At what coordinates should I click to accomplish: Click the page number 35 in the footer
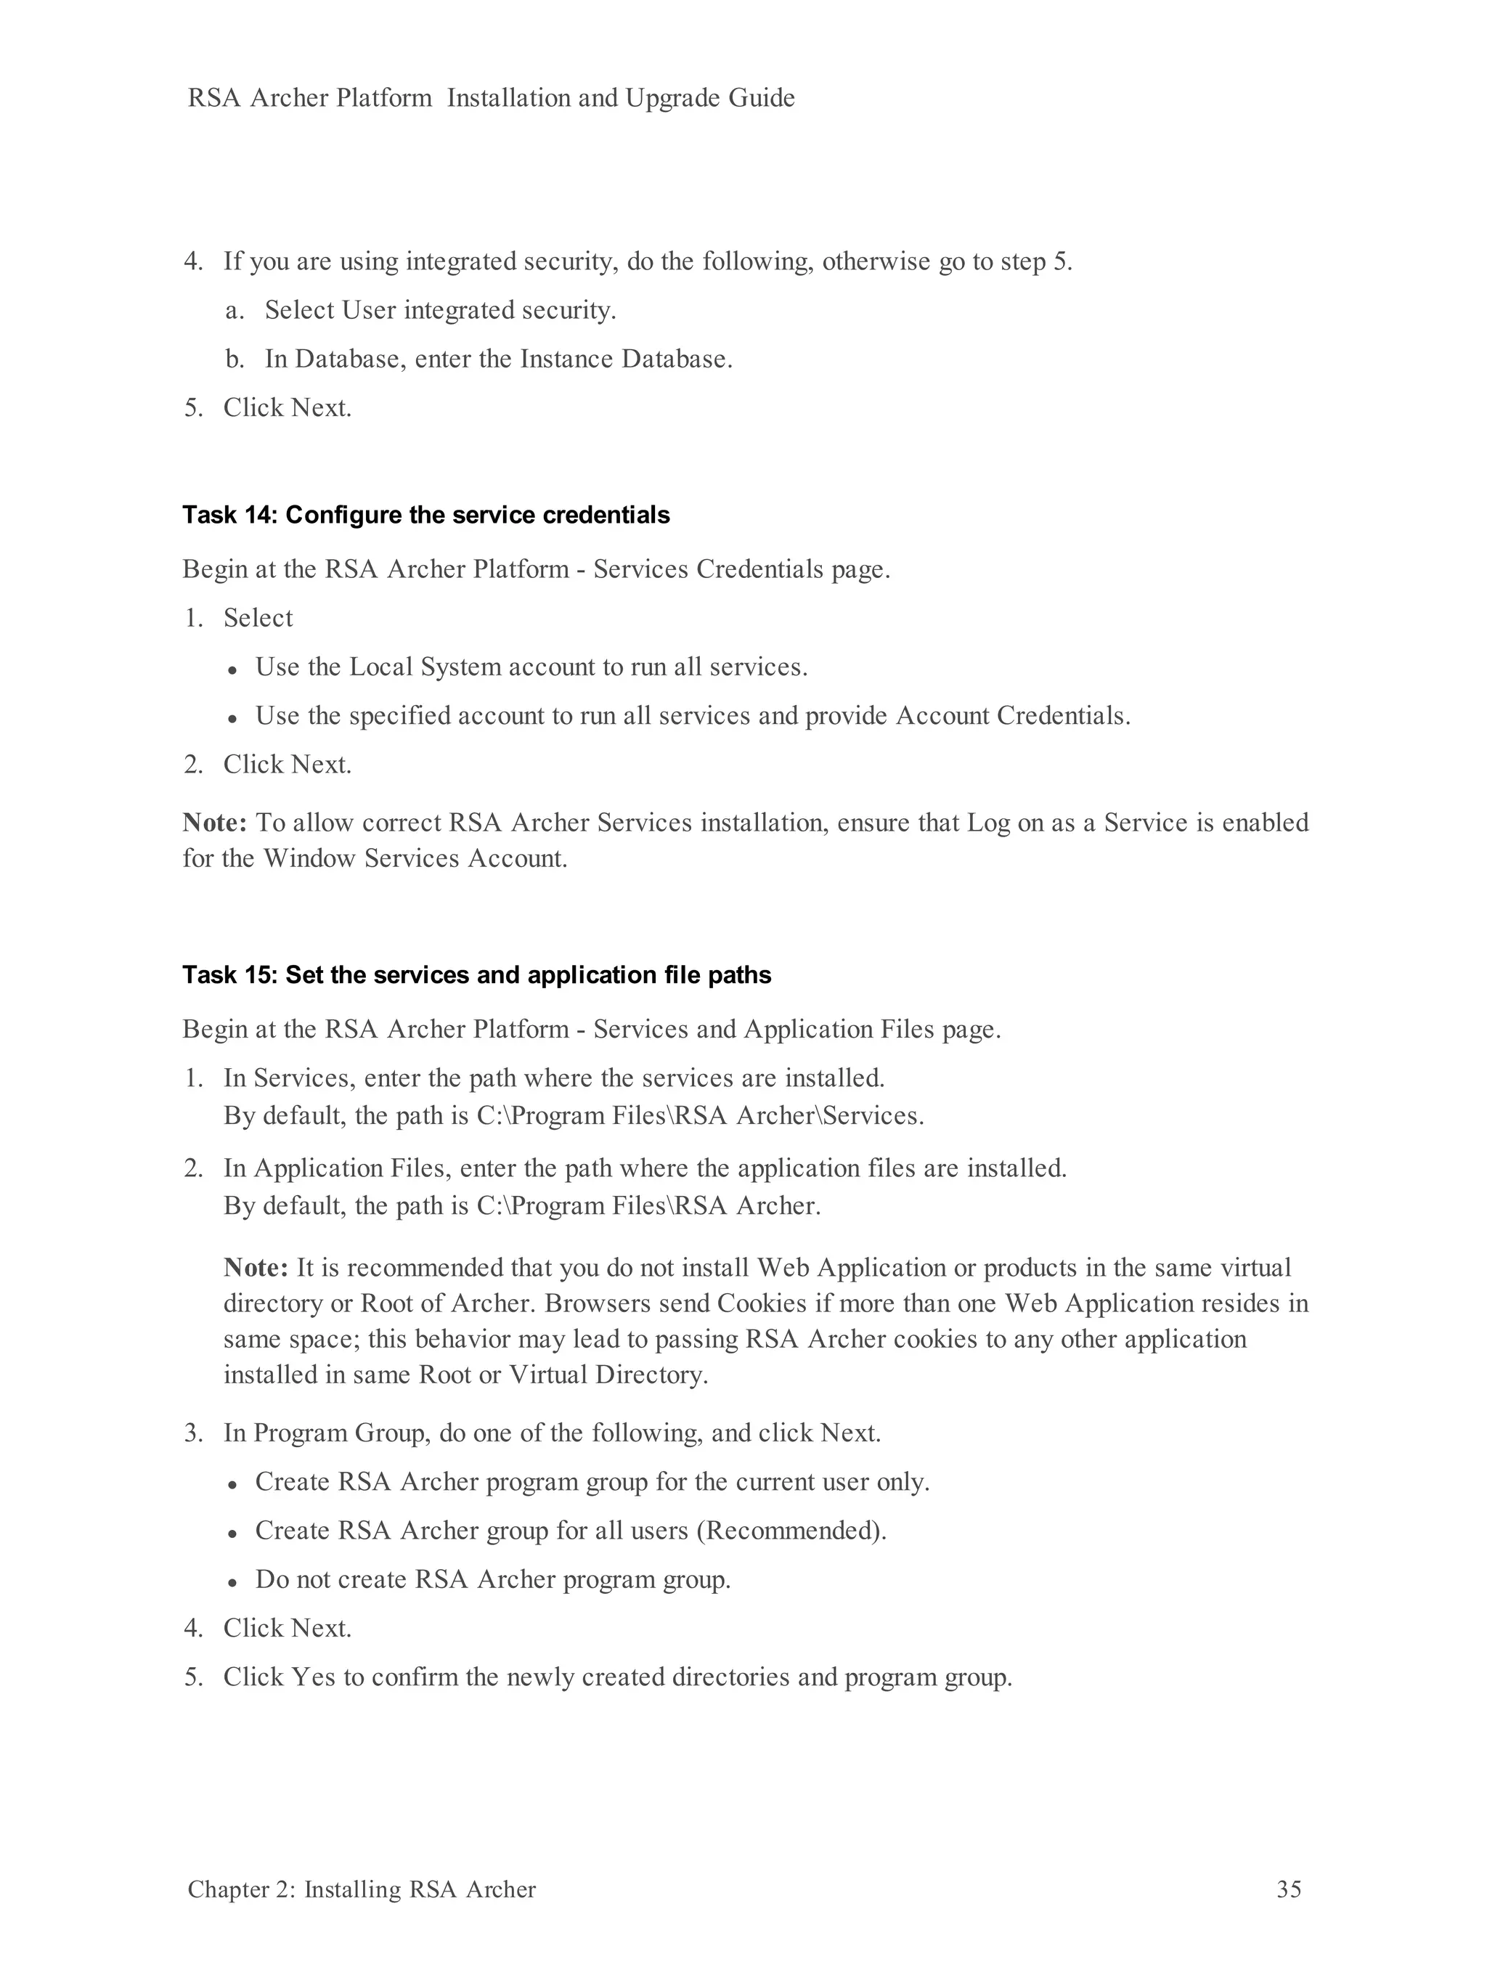tap(1288, 1889)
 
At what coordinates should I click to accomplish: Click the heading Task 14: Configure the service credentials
tap(425, 516)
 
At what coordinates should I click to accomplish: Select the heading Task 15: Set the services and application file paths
tap(476, 975)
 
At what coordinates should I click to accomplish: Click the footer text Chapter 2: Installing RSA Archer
tap(361, 1889)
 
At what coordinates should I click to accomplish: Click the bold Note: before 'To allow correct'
tap(214, 823)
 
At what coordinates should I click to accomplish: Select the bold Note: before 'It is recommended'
tap(256, 1268)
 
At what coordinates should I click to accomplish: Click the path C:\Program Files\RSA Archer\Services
tap(699, 1116)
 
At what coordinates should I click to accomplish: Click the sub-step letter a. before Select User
tap(234, 311)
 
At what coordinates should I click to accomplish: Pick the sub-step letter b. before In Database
tap(234, 359)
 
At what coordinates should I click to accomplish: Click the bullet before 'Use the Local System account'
tap(232, 669)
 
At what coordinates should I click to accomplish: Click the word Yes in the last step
tap(314, 1677)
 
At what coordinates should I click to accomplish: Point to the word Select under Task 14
tap(258, 619)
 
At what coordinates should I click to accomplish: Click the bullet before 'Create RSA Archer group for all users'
tap(232, 1533)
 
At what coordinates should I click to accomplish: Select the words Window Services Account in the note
tap(414, 859)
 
